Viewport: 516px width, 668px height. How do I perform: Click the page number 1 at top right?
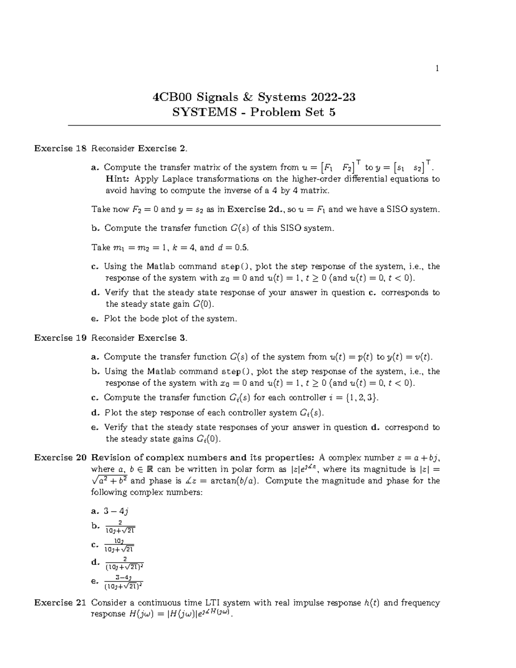pos(437,68)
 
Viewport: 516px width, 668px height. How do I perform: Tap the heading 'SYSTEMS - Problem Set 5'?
pos(254,112)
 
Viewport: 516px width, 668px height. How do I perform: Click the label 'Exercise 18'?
pos(60,148)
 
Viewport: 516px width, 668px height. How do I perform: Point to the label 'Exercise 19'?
pos(60,338)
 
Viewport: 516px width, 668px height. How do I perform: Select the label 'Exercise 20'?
pos(60,457)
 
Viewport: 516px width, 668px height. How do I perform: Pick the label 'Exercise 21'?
pos(60,603)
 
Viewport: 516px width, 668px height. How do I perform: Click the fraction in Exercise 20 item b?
pos(120,526)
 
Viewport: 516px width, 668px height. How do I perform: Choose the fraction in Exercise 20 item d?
pos(124,563)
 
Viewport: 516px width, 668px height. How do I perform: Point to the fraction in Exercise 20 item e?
pos(124,582)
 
